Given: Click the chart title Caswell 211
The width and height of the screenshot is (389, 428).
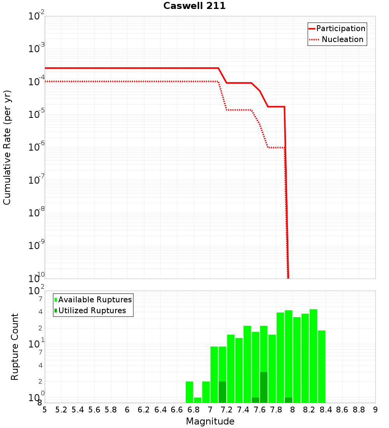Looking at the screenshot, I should (x=194, y=6).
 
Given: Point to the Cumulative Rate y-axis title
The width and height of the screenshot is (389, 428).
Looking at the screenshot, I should (x=7, y=147).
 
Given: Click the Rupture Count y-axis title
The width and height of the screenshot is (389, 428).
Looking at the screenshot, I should (x=15, y=347).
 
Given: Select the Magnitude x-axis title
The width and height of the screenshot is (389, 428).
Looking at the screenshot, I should (x=210, y=421).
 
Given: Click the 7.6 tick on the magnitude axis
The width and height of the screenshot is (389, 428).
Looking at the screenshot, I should (x=260, y=410).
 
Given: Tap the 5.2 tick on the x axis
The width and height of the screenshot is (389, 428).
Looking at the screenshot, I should (x=61, y=410).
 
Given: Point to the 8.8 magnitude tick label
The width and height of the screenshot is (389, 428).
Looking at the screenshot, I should (x=359, y=410).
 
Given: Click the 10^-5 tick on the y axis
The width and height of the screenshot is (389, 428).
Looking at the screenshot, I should (x=37, y=114).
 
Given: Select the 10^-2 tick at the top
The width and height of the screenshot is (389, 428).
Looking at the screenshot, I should (x=37, y=16).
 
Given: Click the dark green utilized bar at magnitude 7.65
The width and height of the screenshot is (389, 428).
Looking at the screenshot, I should (x=264, y=388).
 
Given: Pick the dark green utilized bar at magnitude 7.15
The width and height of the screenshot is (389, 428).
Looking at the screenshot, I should (x=223, y=392).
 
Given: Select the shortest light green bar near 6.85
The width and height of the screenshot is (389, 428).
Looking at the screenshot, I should (x=198, y=400).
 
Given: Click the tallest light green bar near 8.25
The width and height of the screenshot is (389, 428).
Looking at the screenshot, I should (x=314, y=356).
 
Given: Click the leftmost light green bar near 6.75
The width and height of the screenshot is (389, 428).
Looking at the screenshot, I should (x=189, y=392).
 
